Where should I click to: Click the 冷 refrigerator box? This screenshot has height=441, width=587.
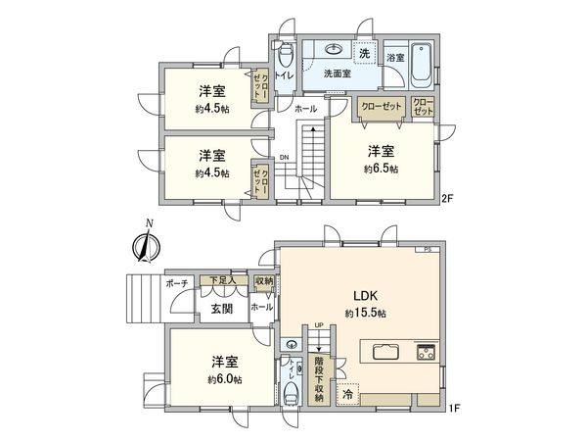click(347, 394)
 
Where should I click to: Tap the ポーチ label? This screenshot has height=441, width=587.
click(177, 282)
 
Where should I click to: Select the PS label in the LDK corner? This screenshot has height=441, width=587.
click(428, 250)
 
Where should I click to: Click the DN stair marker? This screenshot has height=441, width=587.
click(284, 157)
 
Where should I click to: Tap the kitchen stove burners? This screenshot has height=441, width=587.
click(428, 351)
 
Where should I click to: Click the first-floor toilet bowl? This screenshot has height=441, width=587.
click(291, 394)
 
